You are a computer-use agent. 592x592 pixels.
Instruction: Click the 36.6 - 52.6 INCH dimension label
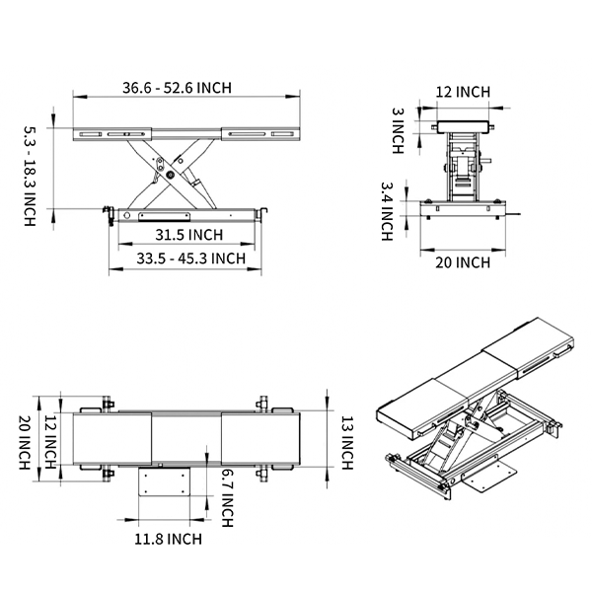(x=177, y=88)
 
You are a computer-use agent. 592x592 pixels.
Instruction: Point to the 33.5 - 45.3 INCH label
(x=188, y=259)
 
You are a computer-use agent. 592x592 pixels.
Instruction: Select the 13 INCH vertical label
(x=346, y=440)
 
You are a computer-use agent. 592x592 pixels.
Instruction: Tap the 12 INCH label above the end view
(x=463, y=92)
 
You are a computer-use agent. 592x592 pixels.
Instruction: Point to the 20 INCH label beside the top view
(x=24, y=440)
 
